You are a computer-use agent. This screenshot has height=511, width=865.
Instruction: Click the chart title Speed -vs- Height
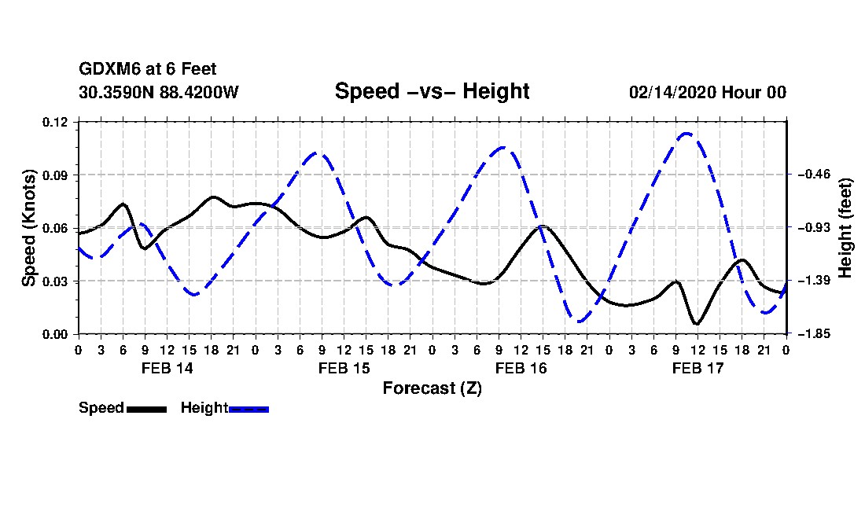[432, 91]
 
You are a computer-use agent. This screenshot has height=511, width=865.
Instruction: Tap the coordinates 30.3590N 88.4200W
[158, 92]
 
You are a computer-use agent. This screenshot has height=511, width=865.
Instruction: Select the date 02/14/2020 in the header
[672, 92]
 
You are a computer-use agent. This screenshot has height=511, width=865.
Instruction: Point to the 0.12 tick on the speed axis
[55, 122]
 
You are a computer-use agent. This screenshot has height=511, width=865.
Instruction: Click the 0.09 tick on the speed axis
[55, 175]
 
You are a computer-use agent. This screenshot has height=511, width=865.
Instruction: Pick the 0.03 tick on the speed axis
[55, 281]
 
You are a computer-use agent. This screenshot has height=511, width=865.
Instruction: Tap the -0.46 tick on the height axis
[814, 175]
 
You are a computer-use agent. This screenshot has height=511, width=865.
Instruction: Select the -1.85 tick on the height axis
[814, 334]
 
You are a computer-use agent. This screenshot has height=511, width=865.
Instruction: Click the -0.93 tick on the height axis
[814, 228]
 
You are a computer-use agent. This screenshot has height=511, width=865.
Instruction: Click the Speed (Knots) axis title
[28, 228]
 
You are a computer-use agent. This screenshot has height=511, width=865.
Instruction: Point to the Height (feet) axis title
[845, 228]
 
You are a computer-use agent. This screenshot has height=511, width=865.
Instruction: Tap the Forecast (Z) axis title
[432, 388]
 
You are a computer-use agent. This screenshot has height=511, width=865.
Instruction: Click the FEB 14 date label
[167, 368]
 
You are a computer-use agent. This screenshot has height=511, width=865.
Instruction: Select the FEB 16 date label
[521, 368]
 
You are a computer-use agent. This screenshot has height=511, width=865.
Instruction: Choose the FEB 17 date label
[698, 368]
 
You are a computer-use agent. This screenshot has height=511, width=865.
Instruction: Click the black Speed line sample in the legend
[147, 409]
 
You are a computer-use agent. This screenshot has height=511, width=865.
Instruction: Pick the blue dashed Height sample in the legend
[248, 409]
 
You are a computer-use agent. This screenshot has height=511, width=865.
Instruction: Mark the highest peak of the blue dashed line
[686, 134]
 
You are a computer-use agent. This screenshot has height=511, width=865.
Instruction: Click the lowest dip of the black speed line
[696, 324]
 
